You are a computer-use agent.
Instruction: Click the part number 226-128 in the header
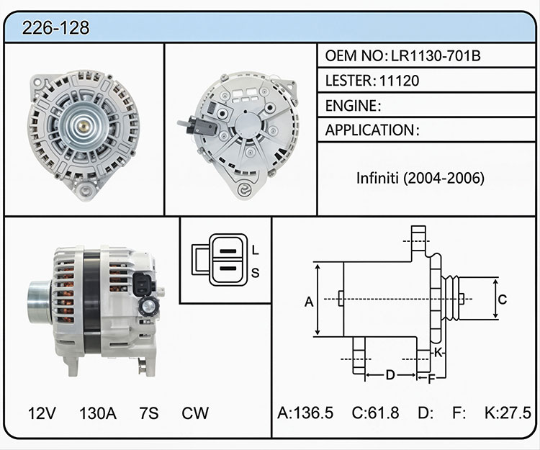click(x=55, y=27)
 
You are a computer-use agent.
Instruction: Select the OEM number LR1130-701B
click(x=436, y=55)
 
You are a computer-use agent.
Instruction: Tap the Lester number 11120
click(x=399, y=81)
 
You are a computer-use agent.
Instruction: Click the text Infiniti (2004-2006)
click(x=420, y=178)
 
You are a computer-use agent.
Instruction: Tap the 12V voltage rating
click(x=42, y=413)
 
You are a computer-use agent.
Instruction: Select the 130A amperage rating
click(x=98, y=413)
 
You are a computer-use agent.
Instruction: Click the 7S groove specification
click(x=149, y=413)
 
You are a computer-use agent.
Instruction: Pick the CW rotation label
click(x=195, y=413)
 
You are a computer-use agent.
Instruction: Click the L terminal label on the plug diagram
click(x=255, y=250)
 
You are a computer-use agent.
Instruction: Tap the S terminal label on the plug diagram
click(x=255, y=273)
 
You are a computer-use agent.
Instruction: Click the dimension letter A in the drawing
click(x=309, y=302)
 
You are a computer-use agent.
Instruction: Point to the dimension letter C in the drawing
click(x=503, y=300)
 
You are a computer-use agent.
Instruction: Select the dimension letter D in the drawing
click(x=390, y=374)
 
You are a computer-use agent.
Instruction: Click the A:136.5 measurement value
click(x=305, y=413)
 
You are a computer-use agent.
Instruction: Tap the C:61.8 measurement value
click(x=375, y=413)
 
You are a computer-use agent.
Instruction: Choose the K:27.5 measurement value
click(x=508, y=413)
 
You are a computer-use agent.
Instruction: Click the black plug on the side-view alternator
click(x=143, y=284)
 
